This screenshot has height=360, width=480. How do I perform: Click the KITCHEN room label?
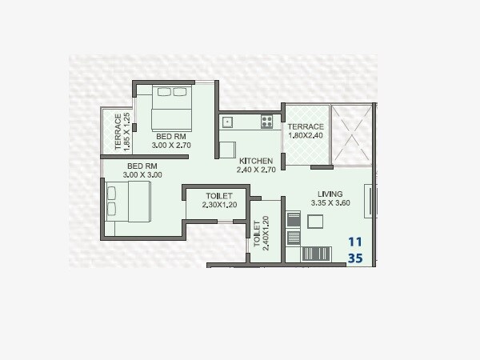coord(255,161)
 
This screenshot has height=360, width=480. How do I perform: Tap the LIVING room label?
coord(330,194)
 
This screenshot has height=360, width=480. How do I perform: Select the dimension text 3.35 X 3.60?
coord(330,204)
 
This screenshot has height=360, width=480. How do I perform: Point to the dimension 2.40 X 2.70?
coord(255,170)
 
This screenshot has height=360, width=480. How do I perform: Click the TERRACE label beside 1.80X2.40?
coord(306,127)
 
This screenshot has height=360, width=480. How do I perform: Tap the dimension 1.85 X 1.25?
coord(127,133)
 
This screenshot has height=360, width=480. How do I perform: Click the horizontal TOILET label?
coord(218,196)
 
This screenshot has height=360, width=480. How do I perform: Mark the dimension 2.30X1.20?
coord(218,206)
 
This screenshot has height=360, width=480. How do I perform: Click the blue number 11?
coord(356,242)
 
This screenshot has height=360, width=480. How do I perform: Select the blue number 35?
coord(356,258)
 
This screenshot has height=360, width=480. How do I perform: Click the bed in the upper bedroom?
coord(173,107)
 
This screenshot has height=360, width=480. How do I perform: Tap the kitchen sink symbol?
coord(227,122)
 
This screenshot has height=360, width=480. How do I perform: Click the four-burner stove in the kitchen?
coord(266,122)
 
